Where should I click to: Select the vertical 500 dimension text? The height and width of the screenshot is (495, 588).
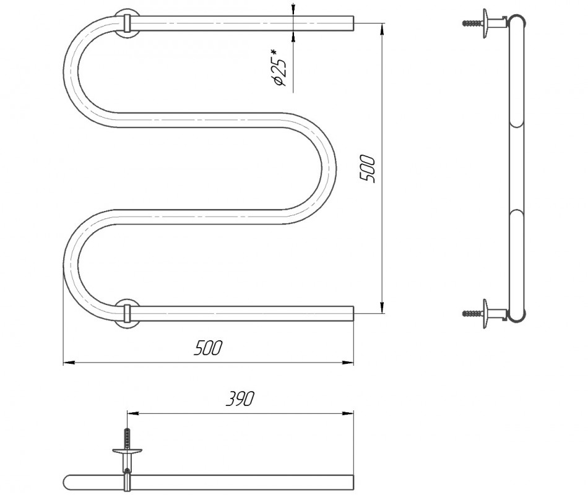click(x=368, y=168)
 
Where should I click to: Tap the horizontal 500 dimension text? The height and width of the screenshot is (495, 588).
click(x=208, y=348)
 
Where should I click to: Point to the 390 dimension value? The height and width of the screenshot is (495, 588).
click(x=240, y=399)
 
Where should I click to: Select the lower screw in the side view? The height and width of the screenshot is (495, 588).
click(x=473, y=313)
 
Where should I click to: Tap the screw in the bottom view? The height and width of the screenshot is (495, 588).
click(x=127, y=439)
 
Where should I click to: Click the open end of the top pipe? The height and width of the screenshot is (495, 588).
click(x=352, y=24)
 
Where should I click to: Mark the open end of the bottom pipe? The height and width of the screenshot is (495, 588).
click(x=352, y=313)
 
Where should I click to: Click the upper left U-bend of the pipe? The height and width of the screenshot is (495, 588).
click(x=72, y=68)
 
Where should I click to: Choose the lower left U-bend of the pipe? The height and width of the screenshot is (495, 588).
click(x=72, y=266)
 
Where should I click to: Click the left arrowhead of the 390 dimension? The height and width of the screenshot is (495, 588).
click(x=130, y=413)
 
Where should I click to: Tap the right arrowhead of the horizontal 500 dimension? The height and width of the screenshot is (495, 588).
click(x=349, y=363)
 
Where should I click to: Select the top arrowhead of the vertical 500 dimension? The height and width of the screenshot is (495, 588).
click(x=383, y=28)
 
